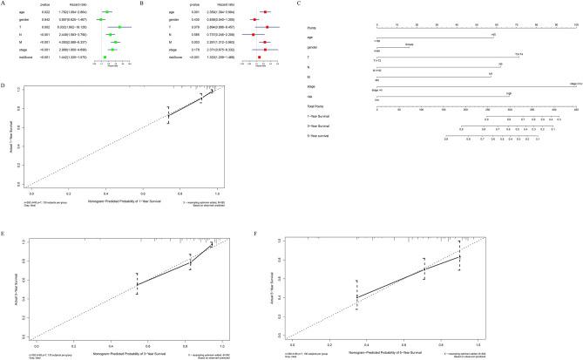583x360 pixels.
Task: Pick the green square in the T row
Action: point(119,28)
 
